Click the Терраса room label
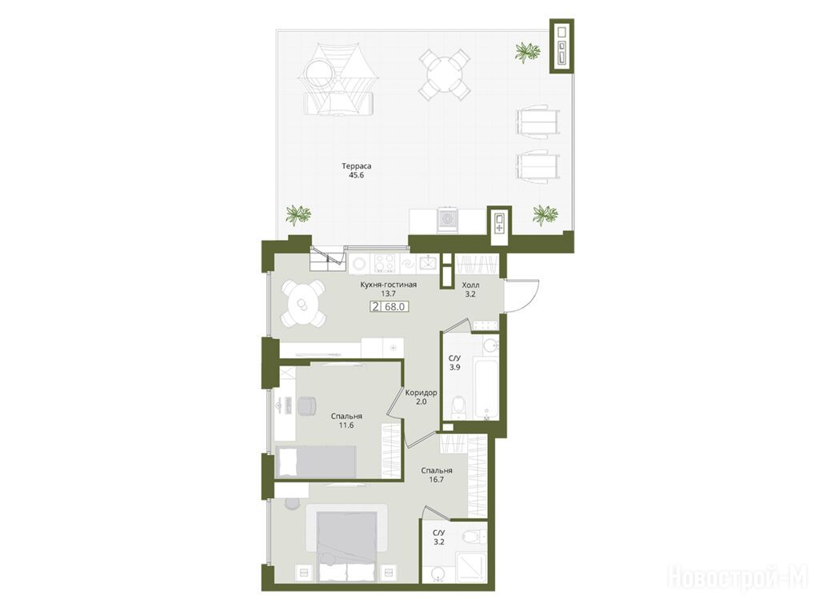[x=357, y=166]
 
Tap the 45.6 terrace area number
[x=357, y=175]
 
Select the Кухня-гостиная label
[x=389, y=285]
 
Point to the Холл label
[x=470, y=285]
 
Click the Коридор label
[x=421, y=393]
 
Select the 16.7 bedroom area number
[x=437, y=480]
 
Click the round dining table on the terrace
[x=445, y=74]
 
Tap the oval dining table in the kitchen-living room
[x=303, y=304]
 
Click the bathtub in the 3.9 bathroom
[x=485, y=388]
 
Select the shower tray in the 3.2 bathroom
[x=470, y=568]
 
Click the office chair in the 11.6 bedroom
[x=307, y=405]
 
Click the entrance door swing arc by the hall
[x=529, y=296]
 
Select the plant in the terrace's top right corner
[x=528, y=52]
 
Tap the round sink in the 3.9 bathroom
[x=489, y=345]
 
